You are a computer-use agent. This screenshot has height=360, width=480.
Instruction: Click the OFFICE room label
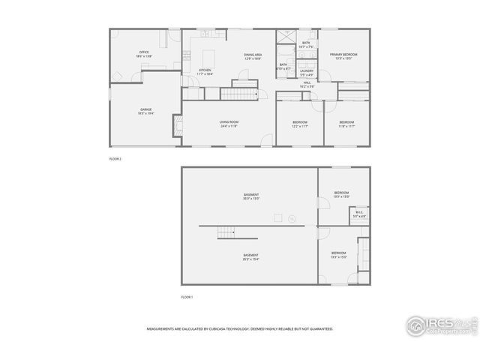click(143, 52)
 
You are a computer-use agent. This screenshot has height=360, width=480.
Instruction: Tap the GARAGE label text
click(145, 110)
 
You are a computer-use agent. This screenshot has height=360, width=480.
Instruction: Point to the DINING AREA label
click(252, 55)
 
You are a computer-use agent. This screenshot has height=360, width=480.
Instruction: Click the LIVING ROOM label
click(229, 121)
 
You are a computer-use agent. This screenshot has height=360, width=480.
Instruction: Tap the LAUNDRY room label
click(306, 70)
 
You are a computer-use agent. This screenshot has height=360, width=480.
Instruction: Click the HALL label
click(307, 84)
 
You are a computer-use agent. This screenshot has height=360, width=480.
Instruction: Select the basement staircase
click(226, 232)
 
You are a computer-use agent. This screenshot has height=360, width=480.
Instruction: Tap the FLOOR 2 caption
click(115, 159)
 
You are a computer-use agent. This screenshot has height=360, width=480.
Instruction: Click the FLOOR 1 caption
click(187, 297)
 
